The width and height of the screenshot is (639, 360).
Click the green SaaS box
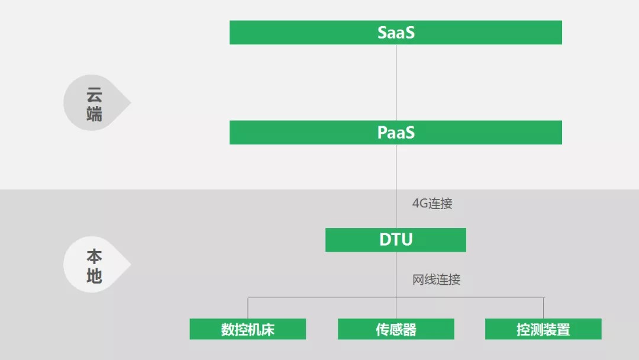point(395,33)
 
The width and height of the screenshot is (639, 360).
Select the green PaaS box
point(395,133)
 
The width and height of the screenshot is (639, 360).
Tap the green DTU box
point(395,240)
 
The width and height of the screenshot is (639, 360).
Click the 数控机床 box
point(247,329)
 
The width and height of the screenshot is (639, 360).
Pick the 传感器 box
point(395,329)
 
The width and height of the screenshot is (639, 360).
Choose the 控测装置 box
point(543,329)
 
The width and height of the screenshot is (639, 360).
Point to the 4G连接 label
point(432,204)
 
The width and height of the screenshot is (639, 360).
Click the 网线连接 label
point(436,280)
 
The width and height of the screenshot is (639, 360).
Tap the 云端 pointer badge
point(95,104)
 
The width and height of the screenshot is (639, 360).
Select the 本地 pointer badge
point(95,266)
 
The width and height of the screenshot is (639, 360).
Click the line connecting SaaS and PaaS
point(396,83)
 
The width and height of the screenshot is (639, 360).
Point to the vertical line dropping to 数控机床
point(248,308)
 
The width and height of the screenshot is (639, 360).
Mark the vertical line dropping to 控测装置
point(543,308)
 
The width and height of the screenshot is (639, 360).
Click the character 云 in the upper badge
point(94,95)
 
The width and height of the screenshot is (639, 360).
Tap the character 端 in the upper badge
point(94,113)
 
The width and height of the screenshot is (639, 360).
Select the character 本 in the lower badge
point(94,257)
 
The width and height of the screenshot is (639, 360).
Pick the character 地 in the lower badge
point(94,275)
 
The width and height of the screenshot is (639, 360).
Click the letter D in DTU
point(385,240)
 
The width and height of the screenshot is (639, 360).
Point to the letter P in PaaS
point(382,133)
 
